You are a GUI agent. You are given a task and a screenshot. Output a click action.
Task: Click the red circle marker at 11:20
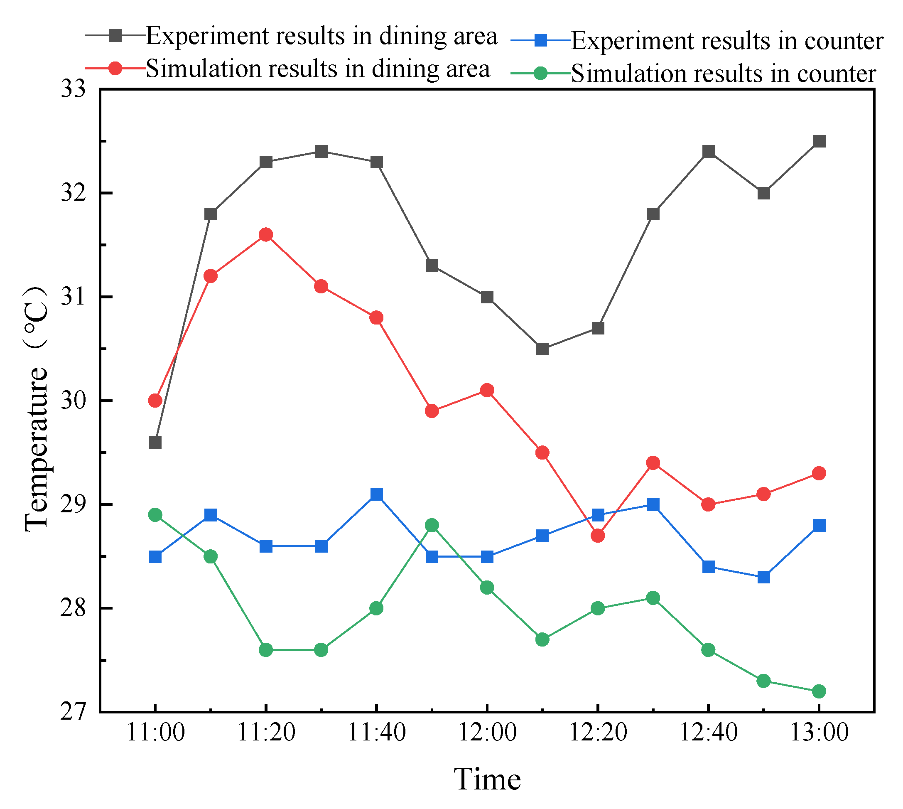[x=266, y=235]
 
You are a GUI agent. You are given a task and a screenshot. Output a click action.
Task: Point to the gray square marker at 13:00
[x=819, y=141]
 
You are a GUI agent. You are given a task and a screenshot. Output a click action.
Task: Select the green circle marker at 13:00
[x=819, y=691]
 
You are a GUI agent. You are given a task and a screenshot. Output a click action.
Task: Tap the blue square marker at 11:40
[x=376, y=494]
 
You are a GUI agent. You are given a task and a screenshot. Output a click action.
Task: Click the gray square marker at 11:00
[x=155, y=442]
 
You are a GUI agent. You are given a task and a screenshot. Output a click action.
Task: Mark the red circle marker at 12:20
[x=598, y=536]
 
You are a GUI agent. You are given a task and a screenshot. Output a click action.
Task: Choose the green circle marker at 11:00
[x=155, y=515]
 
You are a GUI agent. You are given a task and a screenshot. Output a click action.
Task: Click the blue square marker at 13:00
[x=819, y=525]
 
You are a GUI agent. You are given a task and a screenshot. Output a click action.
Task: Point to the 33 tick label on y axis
[x=74, y=89]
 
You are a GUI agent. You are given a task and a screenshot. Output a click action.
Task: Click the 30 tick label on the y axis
[x=74, y=401]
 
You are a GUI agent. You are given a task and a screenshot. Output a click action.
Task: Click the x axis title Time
[x=487, y=779]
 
